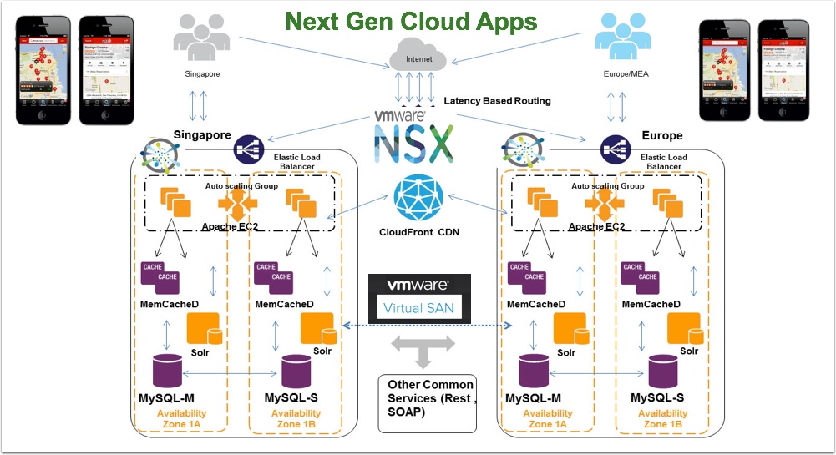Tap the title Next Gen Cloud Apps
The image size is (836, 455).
411,20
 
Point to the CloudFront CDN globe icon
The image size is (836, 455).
418,197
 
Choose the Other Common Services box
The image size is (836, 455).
428,403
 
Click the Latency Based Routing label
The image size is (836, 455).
497,101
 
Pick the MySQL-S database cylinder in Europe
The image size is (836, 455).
663,371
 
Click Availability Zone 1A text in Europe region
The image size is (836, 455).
548,419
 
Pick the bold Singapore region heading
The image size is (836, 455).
201,134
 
